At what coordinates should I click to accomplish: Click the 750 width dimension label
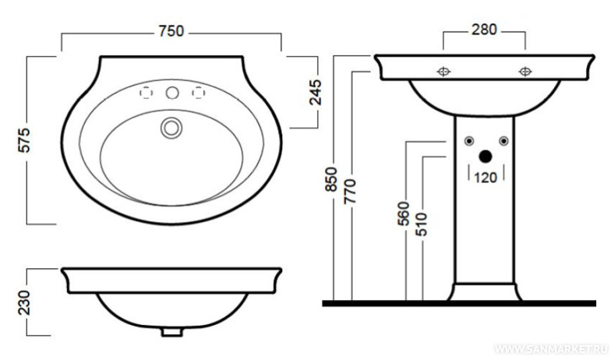tap(171, 31)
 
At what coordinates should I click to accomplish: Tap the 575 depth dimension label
tap(24, 139)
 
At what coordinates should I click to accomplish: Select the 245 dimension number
tap(316, 93)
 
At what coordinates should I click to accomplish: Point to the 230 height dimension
tap(24, 302)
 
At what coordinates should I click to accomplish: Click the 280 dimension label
tap(484, 30)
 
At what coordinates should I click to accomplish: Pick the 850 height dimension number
tap(331, 179)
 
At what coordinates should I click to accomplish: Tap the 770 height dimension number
tap(350, 191)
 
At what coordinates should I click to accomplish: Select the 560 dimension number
tap(404, 214)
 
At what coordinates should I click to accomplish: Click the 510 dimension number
tap(422, 224)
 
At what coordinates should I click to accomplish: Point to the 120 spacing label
tap(485, 178)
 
